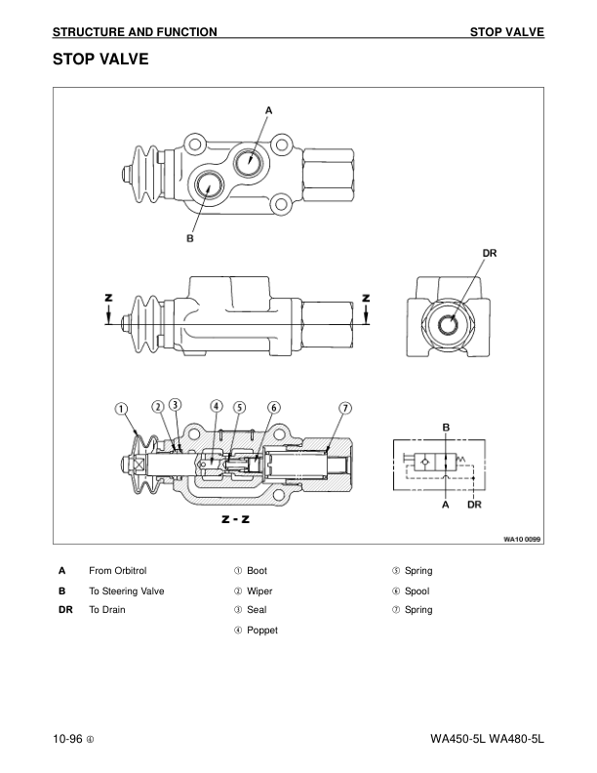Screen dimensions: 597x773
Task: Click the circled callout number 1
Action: pyautogui.click(x=121, y=409)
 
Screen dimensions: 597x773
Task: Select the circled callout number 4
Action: pyautogui.click(x=217, y=406)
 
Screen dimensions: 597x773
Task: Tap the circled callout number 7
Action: pyautogui.click(x=345, y=408)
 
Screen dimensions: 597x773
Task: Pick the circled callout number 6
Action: pyautogui.click(x=274, y=408)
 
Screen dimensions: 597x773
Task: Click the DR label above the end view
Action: pyautogui.click(x=490, y=253)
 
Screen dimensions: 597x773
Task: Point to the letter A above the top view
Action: pyautogui.click(x=268, y=111)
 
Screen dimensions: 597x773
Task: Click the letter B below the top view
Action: pyautogui.click(x=189, y=238)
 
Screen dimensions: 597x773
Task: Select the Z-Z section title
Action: pyautogui.click(x=235, y=518)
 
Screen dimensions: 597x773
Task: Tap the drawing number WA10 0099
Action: pyautogui.click(x=522, y=539)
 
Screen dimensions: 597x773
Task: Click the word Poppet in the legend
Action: pyautogui.click(x=262, y=631)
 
